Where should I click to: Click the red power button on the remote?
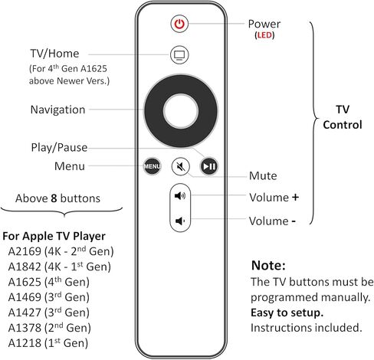pyautogui.click(x=179, y=24)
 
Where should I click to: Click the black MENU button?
pyautogui.click(x=151, y=165)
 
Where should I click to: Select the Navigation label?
pyautogui.click(x=57, y=110)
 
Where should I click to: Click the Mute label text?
pyautogui.click(x=264, y=175)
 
